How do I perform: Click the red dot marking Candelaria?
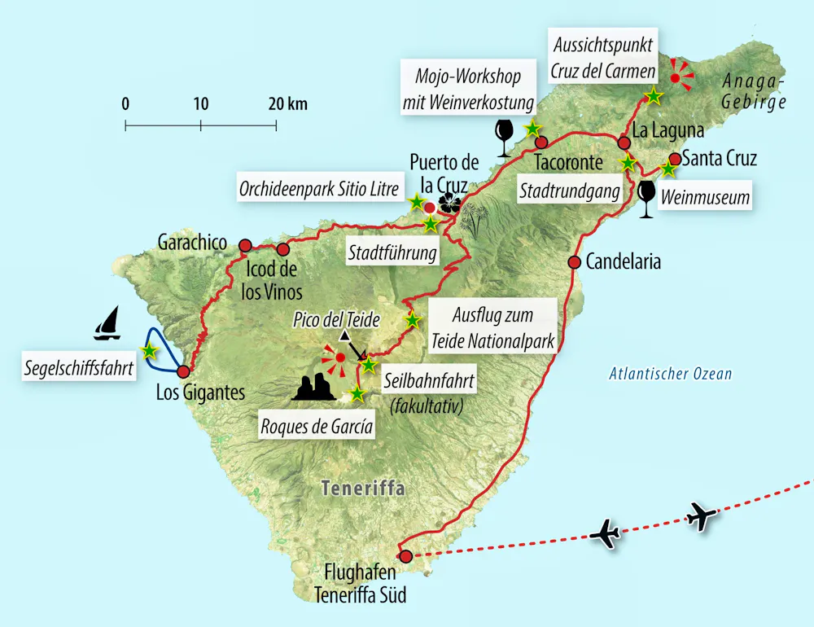click(x=574, y=262)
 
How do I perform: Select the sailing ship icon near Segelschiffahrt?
click(x=107, y=323)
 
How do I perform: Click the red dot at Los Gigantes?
click(x=183, y=370)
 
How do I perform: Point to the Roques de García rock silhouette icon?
click(x=313, y=388)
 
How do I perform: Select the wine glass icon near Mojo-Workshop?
click(x=505, y=137)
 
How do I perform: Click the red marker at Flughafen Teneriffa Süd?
click(x=406, y=555)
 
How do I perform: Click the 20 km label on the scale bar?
click(x=286, y=104)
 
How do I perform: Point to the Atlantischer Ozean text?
click(x=671, y=375)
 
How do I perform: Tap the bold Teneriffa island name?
click(x=363, y=489)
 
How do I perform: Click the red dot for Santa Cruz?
click(x=675, y=159)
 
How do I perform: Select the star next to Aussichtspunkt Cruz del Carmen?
click(x=653, y=96)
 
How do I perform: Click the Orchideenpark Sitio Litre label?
click(x=319, y=190)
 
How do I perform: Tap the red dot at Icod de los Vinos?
click(x=282, y=249)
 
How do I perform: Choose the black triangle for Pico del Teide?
click(x=345, y=335)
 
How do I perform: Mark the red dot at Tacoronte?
click(x=541, y=142)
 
